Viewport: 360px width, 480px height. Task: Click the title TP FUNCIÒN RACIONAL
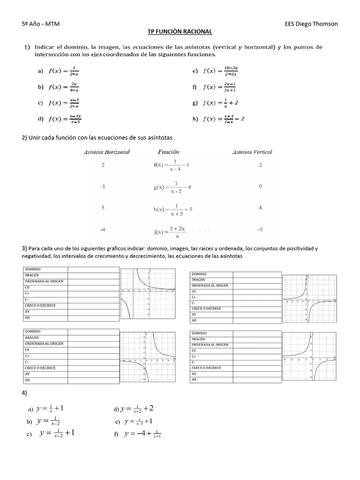180,31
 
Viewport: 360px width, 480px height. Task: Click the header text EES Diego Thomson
311,24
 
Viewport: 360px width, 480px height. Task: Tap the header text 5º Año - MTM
41,24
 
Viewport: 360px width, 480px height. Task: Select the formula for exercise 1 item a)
65,71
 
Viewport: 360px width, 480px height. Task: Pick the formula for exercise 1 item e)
220,71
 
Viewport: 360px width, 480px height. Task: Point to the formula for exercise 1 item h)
223,119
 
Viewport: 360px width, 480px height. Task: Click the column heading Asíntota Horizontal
106,152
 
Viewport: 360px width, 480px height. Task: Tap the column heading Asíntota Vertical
252,152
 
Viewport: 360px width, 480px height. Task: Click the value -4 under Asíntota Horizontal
103,230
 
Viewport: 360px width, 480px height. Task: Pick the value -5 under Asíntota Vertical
260,230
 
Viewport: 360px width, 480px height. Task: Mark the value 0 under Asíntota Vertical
261,186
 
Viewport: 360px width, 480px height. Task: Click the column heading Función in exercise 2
168,152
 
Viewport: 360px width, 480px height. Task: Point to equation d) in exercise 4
137,409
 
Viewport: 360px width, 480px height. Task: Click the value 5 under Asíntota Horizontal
103,208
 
